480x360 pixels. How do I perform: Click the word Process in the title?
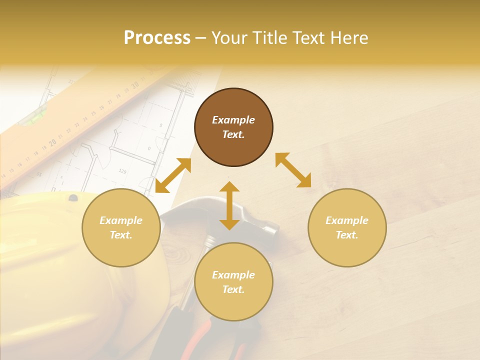[x=157, y=38]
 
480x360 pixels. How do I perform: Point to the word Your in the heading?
[x=229, y=38]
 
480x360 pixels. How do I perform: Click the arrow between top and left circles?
[x=173, y=175]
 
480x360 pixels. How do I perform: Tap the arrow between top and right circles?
[x=293, y=170]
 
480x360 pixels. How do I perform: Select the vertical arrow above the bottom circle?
[x=229, y=205]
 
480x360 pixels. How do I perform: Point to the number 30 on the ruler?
[x=135, y=86]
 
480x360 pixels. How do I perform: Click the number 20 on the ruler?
[x=52, y=143]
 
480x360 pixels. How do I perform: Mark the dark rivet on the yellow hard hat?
[x=73, y=198]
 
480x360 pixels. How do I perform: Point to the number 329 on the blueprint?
[x=122, y=171]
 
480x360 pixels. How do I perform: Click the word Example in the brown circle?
[x=233, y=120]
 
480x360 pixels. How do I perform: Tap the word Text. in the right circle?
[x=347, y=235]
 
